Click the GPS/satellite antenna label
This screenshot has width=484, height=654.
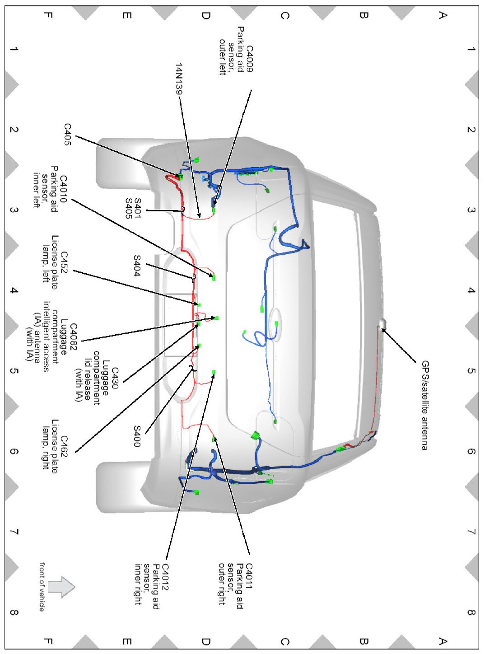coord(425,405)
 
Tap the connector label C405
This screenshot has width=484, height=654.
coord(67,135)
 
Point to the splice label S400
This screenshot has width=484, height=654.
coord(137,436)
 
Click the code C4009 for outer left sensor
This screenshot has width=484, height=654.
coord(249,59)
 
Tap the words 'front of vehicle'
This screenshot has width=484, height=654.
coord(42,587)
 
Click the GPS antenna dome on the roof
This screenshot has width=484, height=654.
coord(382,323)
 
